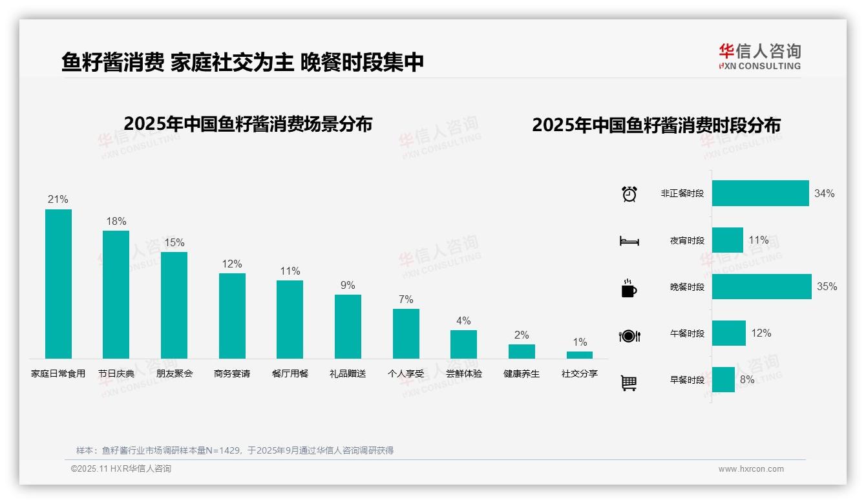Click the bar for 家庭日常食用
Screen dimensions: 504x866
click(x=58, y=284)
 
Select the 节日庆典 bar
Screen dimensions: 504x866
click(x=116, y=294)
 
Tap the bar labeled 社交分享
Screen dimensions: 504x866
click(x=579, y=355)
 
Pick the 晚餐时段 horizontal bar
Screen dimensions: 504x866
click(x=761, y=287)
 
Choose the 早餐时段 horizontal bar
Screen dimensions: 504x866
click(x=723, y=380)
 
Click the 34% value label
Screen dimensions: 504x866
click(x=824, y=194)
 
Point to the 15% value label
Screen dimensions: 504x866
click(x=174, y=243)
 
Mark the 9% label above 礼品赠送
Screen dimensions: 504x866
click(x=348, y=286)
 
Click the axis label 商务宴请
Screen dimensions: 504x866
click(x=232, y=373)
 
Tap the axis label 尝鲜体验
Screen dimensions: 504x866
click(x=463, y=373)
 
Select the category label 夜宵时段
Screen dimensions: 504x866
click(x=687, y=240)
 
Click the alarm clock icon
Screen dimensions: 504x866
click(x=629, y=194)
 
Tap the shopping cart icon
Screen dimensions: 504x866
click(x=629, y=383)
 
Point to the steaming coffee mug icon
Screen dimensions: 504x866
click(x=629, y=288)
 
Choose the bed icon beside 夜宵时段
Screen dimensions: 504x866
click(x=629, y=241)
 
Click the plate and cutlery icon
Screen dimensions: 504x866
click(x=629, y=335)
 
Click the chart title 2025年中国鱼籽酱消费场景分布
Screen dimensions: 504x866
click(x=248, y=124)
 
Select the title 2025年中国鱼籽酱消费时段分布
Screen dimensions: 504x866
click(x=656, y=125)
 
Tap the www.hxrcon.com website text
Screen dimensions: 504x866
click(x=750, y=469)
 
